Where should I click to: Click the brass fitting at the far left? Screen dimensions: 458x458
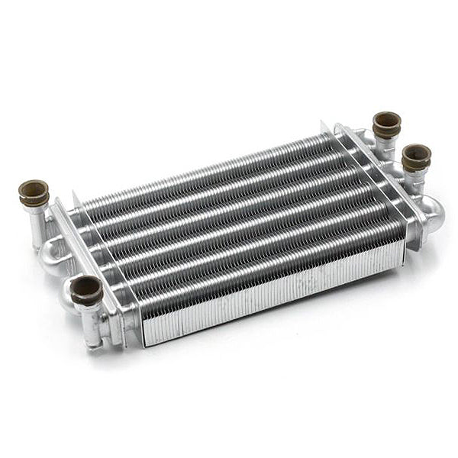34,192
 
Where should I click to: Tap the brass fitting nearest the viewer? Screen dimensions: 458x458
86,290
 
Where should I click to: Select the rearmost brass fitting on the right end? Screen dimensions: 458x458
386,124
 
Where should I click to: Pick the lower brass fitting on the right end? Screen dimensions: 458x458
416,157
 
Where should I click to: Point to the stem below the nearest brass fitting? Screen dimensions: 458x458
92,324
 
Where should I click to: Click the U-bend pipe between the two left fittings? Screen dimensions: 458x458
54,252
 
